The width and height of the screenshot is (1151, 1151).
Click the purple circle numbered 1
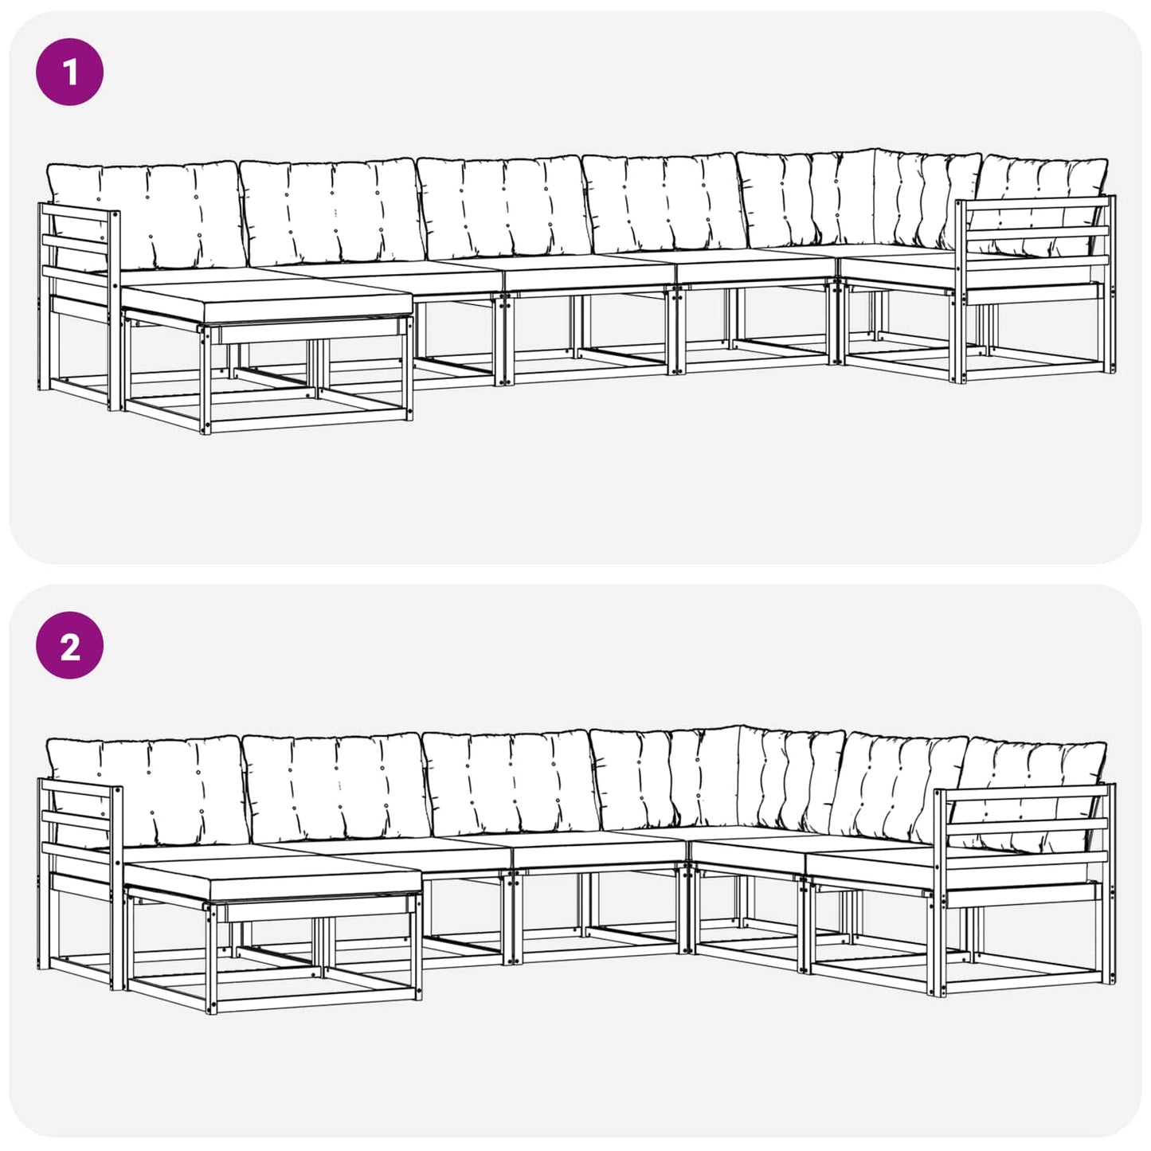(70, 72)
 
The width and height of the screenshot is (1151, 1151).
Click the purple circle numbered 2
(70, 646)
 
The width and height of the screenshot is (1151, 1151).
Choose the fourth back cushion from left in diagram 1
(665, 203)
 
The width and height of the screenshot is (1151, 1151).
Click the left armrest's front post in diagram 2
(116, 888)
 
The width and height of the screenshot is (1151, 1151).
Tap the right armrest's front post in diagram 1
(961, 292)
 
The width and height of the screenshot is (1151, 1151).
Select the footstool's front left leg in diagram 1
(206, 380)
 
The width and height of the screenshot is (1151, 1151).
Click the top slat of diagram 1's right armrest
(1037, 202)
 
